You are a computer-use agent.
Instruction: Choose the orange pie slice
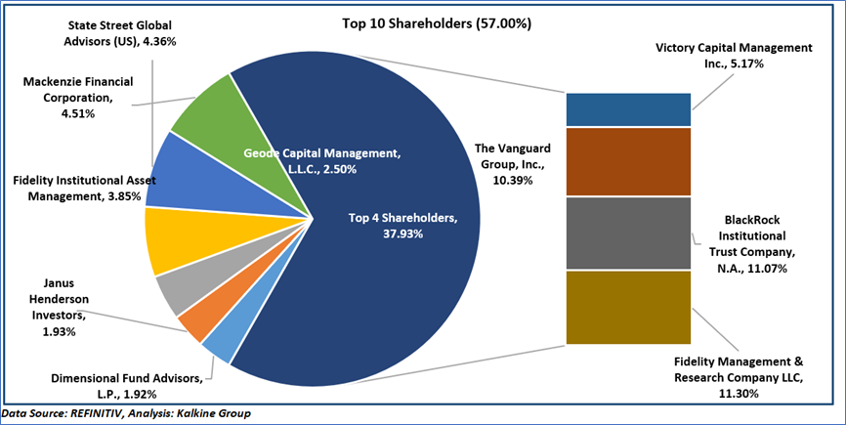(194, 325)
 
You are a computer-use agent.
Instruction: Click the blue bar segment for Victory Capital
(628, 109)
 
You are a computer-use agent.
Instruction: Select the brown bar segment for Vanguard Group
(628, 161)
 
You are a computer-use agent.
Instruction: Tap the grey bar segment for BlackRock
(628, 233)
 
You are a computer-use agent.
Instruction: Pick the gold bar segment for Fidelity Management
(628, 307)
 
